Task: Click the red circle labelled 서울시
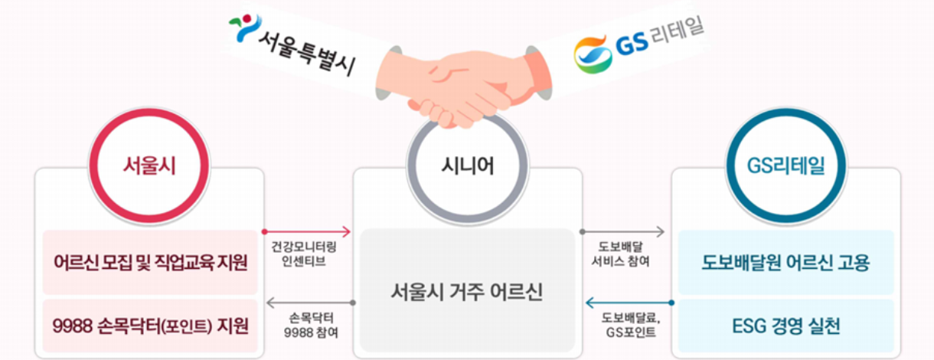click(149, 165)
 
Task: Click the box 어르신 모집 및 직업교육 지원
click(150, 263)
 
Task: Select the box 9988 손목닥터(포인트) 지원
click(150, 326)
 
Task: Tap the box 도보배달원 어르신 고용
click(785, 263)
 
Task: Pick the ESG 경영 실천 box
click(785, 326)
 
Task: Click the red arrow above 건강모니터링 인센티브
click(306, 231)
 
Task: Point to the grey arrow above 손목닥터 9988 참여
click(309, 303)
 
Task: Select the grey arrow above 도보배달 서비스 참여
click(623, 231)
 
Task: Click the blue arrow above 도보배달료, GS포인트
click(627, 303)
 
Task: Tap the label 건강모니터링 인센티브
click(304, 254)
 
